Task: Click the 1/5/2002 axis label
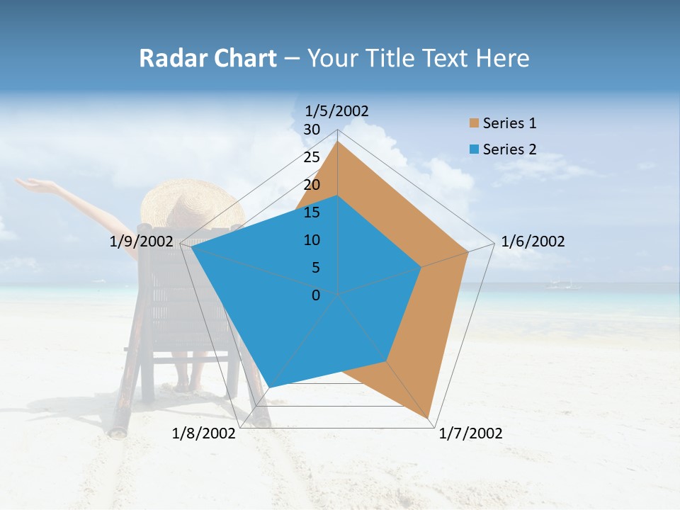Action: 336,111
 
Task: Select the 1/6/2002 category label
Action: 533,242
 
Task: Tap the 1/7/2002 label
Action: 470,433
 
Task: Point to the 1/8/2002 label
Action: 204,433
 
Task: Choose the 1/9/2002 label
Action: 141,242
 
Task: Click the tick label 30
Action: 312,130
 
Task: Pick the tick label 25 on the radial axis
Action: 312,157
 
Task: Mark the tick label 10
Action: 312,240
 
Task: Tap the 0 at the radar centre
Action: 316,295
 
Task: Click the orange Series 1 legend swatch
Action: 474,124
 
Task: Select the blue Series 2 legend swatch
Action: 474,149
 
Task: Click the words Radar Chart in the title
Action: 208,58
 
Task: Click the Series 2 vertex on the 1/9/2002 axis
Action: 192,246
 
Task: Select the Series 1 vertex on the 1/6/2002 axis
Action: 467,251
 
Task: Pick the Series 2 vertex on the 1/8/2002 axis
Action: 270,387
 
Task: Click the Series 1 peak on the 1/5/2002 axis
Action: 337,142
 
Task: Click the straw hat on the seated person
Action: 191,203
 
